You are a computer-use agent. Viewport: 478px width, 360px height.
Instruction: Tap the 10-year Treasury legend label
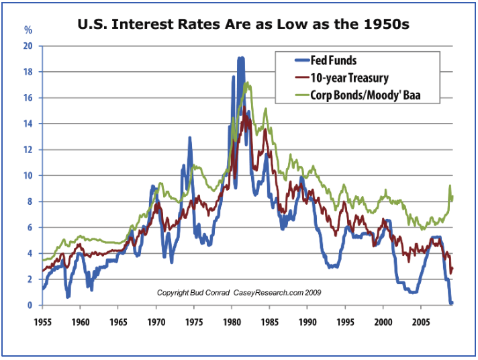(350, 79)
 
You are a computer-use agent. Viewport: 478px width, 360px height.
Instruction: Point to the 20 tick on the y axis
(28, 46)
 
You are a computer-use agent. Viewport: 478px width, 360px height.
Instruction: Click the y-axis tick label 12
(28, 150)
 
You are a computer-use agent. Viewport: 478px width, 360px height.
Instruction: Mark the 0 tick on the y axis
(30, 306)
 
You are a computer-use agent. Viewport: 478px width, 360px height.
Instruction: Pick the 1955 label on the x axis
(42, 321)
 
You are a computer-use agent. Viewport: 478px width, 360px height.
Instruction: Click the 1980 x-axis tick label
(232, 321)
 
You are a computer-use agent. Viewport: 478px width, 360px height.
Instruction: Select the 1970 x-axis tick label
(156, 321)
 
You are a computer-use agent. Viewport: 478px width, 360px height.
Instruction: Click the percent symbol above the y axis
(28, 30)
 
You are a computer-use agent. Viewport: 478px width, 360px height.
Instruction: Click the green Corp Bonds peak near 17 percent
(248, 84)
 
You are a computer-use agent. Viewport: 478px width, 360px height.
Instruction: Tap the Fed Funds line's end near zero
(451, 303)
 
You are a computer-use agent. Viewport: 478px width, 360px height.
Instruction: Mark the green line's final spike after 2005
(450, 187)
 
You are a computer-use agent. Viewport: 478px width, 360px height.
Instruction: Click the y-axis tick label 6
(30, 228)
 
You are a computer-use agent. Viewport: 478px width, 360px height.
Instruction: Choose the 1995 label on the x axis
(345, 321)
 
